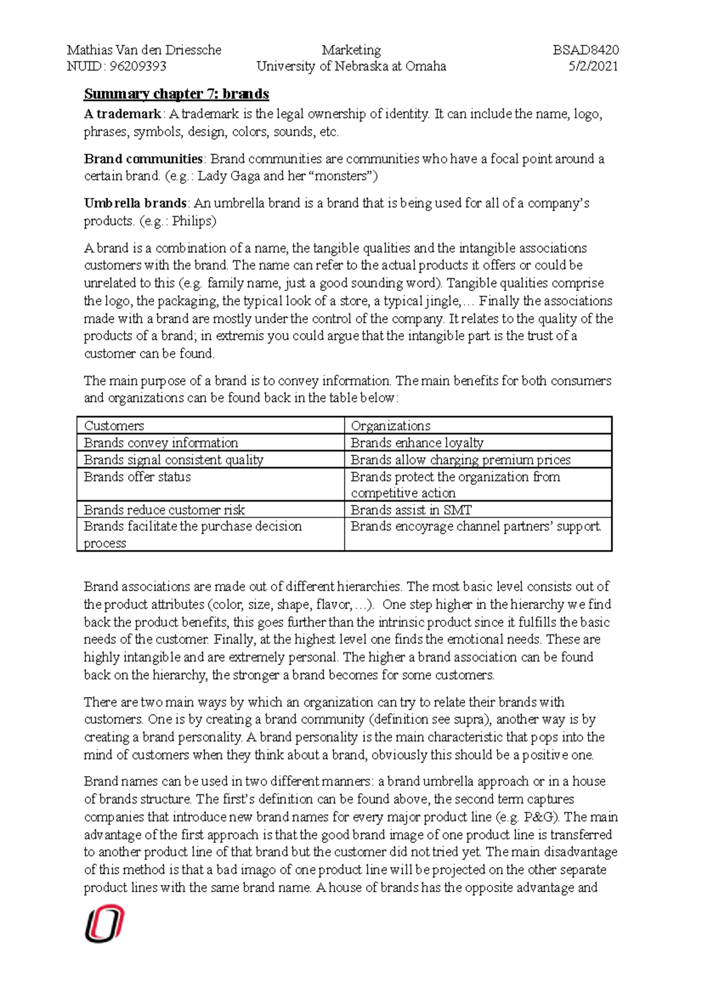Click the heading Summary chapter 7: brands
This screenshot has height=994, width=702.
pos(176,94)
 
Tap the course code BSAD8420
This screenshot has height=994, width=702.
pos(586,50)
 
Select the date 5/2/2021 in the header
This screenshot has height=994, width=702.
pos(593,66)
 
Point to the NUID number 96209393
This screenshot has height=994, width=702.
pos(138,66)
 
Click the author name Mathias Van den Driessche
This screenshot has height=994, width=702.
pos(144,50)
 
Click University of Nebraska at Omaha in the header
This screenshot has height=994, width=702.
pos(351,66)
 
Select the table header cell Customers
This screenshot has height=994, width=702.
pos(114,426)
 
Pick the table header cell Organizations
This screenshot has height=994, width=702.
pos(390,426)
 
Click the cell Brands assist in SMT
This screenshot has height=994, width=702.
pos(411,509)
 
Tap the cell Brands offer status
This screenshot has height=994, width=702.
pos(137,477)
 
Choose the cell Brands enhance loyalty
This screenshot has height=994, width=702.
pos(417,443)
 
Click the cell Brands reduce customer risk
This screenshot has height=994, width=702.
pos(164,509)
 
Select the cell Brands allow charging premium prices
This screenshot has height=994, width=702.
pos(460,460)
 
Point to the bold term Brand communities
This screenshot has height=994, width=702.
pos(143,159)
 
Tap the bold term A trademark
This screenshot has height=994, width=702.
pos(122,114)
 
